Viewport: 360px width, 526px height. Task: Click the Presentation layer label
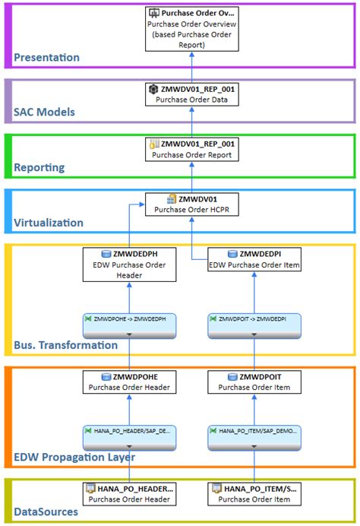click(46, 57)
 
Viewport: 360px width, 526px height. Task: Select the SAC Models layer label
click(45, 112)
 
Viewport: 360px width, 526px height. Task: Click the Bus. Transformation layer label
click(65, 345)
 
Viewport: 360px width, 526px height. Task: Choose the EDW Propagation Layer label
click(74, 457)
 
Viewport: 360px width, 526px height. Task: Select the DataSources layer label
click(46, 512)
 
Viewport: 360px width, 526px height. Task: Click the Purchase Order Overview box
click(191, 28)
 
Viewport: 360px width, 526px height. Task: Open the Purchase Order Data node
click(191, 94)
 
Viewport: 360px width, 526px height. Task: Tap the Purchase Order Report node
click(191, 149)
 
